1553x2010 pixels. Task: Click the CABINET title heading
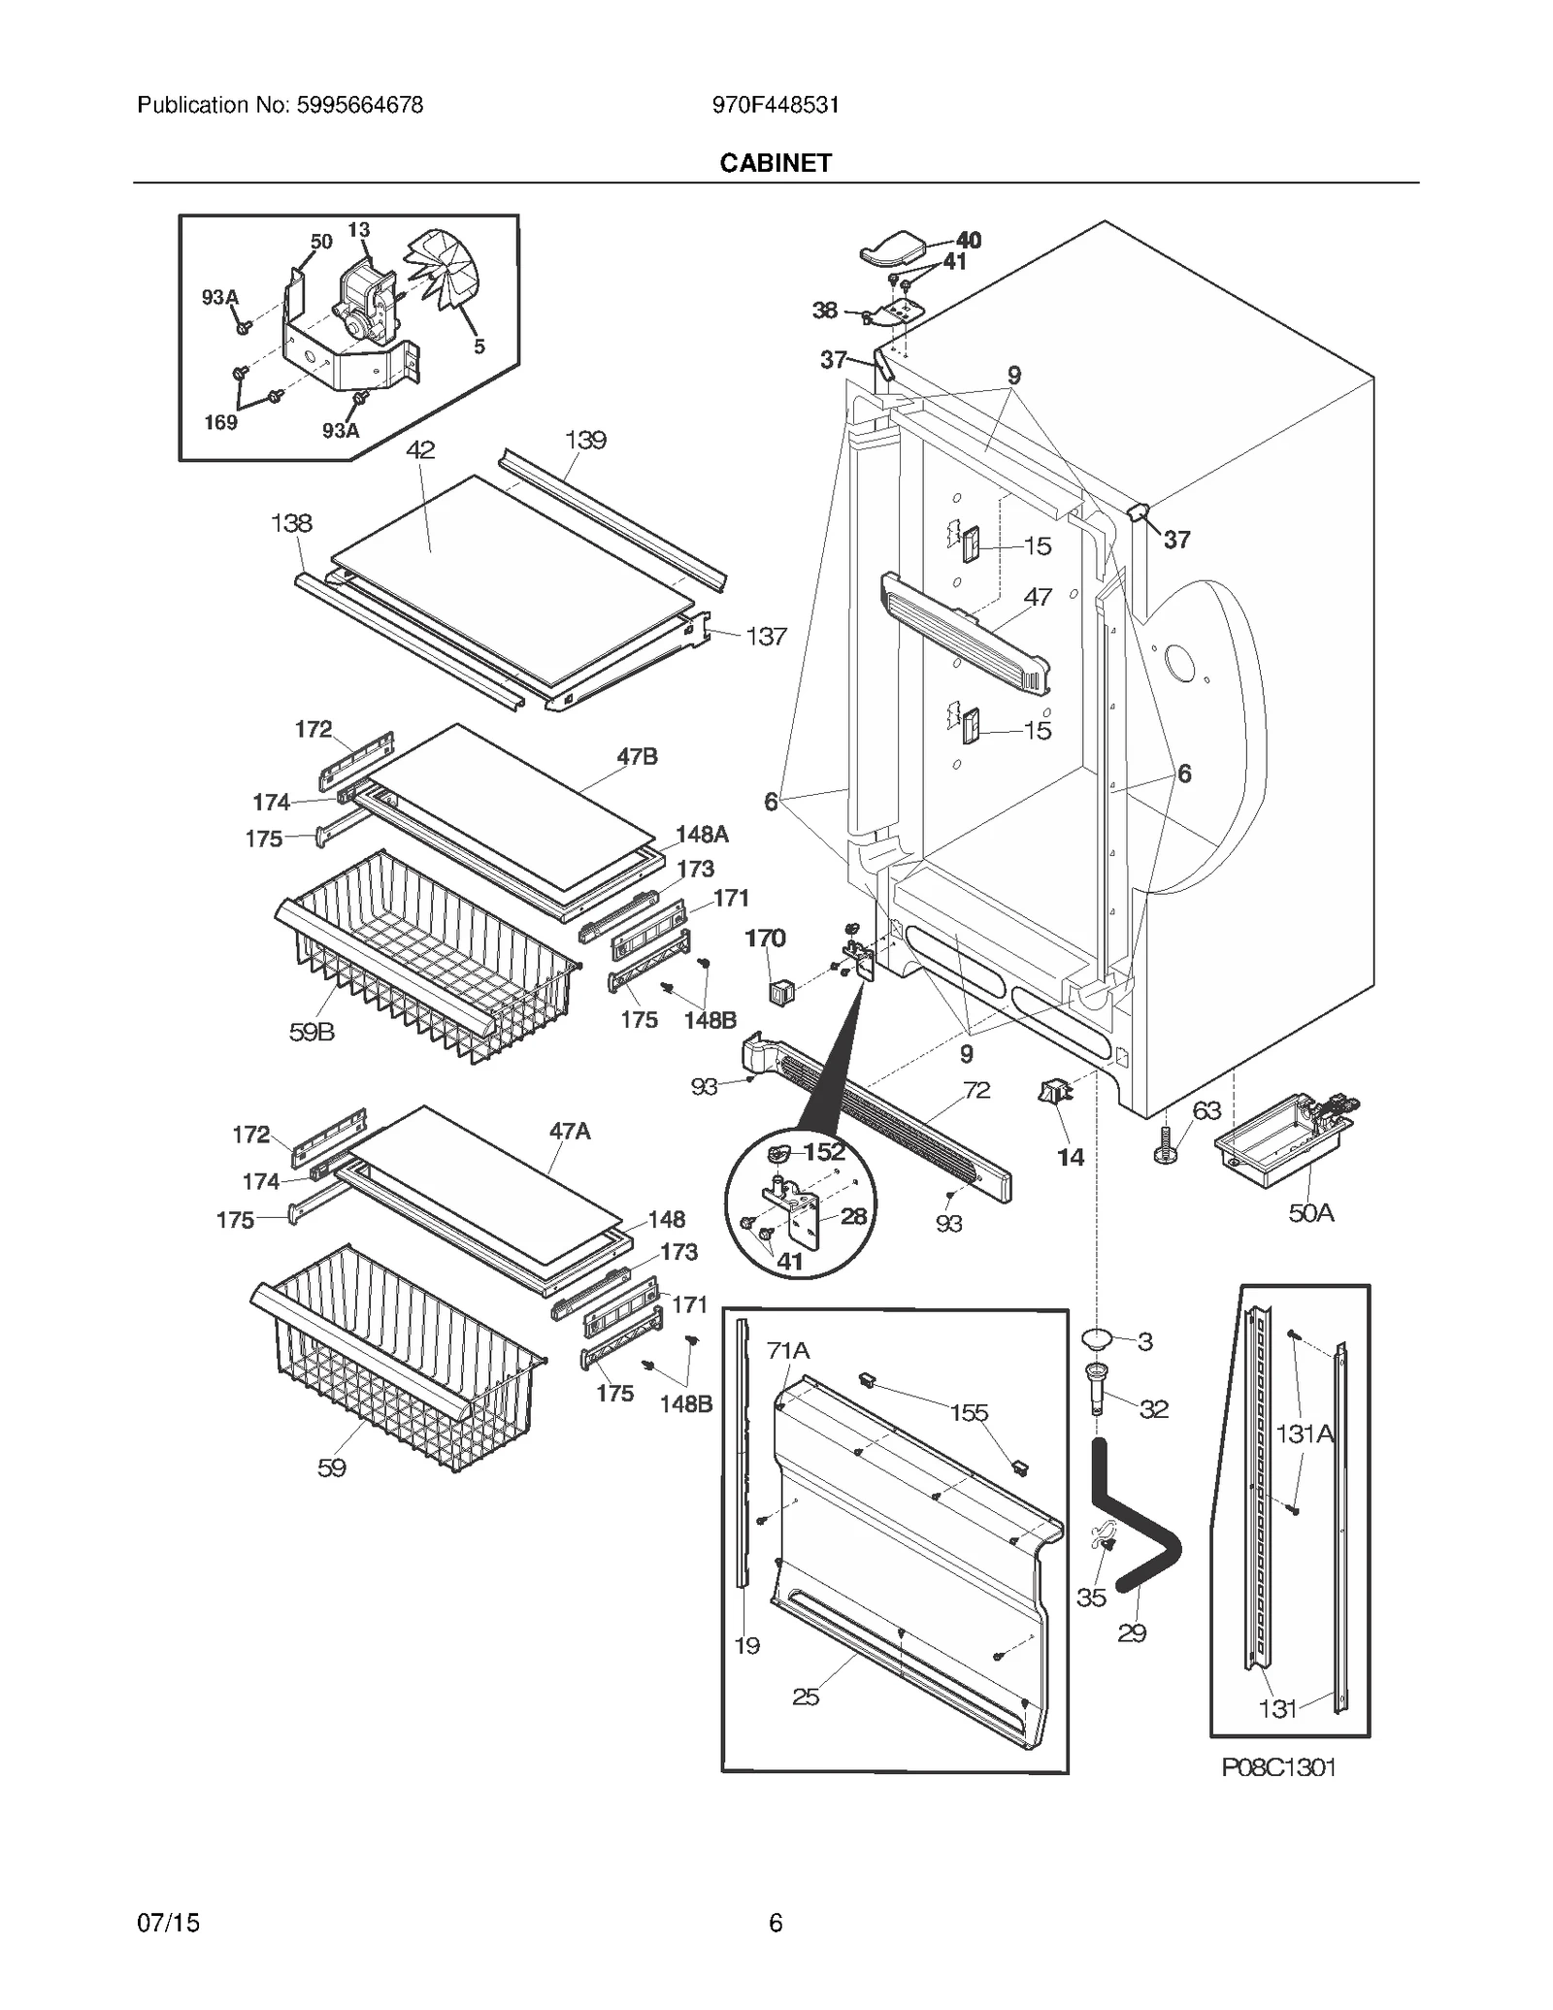tap(775, 163)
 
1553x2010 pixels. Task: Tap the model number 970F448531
tap(775, 105)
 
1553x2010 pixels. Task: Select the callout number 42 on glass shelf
tap(420, 450)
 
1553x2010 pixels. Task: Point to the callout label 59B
tap(312, 1032)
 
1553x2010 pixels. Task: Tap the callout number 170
tap(765, 938)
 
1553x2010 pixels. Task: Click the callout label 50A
tap(1310, 1212)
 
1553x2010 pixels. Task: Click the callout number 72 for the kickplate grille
tap(976, 1090)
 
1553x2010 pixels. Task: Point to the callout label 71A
tap(787, 1350)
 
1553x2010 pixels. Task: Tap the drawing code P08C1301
tap(1278, 1767)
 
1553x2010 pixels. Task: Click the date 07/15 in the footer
tap(169, 1922)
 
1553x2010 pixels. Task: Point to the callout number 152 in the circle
tap(824, 1152)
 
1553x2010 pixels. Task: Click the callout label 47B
tap(637, 756)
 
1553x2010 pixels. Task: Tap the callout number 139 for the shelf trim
tap(585, 440)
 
